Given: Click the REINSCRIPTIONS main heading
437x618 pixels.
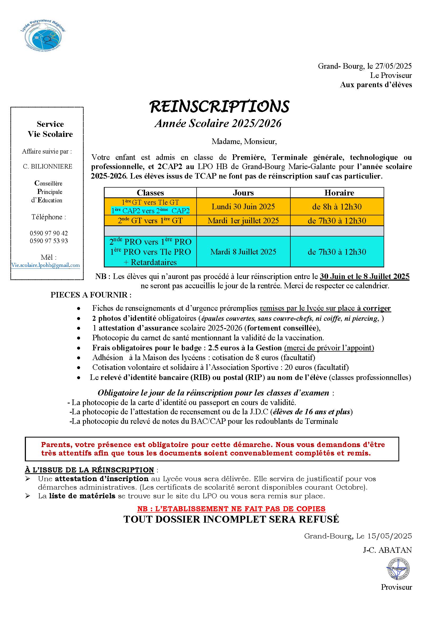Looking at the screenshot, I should click(x=219, y=106).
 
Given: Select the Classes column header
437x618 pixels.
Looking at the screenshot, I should click(x=150, y=193).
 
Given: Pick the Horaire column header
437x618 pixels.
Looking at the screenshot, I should click(x=339, y=193).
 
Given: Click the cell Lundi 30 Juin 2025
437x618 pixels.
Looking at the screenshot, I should click(x=243, y=207).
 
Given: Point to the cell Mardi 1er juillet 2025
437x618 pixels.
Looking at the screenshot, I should click(x=243, y=221).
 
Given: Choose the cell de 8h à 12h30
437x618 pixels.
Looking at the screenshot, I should click(x=337, y=207).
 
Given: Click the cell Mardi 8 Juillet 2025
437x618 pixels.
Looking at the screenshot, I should click(x=243, y=252).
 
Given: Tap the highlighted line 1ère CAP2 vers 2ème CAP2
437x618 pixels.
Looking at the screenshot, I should click(x=150, y=211).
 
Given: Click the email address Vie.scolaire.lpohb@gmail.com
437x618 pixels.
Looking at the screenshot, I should click(x=45, y=265).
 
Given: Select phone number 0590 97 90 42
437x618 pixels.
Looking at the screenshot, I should click(x=49, y=233).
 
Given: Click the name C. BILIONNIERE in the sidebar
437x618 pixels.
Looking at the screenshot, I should click(x=48, y=167).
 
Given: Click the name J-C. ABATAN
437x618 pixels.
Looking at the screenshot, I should click(x=387, y=550).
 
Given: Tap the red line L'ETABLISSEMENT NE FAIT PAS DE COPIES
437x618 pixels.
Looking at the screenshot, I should click(x=231, y=509).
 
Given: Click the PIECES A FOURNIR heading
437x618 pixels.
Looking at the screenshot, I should click(x=91, y=295).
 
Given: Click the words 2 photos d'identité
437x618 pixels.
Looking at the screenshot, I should click(x=124, y=318).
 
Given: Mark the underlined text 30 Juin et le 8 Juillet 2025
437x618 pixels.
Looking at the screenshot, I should click(x=364, y=276).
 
